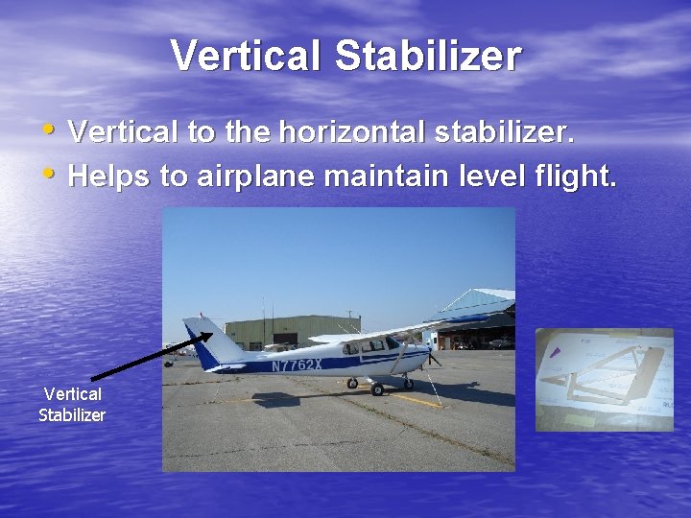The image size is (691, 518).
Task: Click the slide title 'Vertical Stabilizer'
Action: click(x=345, y=56)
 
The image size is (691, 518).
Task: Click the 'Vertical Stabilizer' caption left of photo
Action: click(x=72, y=404)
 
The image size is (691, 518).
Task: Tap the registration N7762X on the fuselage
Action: click(x=297, y=365)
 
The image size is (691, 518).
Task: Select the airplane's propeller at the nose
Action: click(x=433, y=357)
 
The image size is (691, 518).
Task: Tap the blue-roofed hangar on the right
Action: click(x=480, y=317)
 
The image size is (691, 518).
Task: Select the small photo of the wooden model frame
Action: click(x=605, y=379)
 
